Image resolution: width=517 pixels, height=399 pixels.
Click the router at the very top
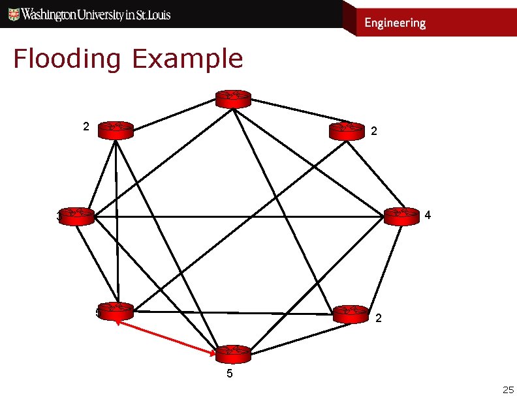(x=233, y=98)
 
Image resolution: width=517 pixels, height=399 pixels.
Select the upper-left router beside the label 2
(x=115, y=130)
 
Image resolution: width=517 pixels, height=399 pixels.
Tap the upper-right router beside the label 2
(x=347, y=131)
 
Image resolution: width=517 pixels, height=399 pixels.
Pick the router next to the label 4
(x=401, y=216)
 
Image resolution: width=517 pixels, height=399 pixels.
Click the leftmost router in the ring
(x=76, y=216)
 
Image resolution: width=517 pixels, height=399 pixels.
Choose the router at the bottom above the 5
(x=233, y=354)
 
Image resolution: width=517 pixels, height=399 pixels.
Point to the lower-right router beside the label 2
(x=351, y=314)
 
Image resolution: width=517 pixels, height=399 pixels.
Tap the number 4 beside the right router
(x=427, y=214)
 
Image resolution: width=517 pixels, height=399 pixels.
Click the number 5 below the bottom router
(x=228, y=374)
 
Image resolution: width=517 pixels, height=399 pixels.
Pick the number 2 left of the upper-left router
(x=86, y=126)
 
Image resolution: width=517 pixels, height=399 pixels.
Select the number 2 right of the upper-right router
(x=373, y=132)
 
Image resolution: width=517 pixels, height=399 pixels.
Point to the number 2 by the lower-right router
(x=379, y=319)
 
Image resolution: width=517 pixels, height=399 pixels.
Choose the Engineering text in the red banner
(x=394, y=23)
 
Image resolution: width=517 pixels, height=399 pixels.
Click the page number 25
(x=507, y=390)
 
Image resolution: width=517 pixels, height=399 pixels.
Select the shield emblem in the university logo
(x=13, y=14)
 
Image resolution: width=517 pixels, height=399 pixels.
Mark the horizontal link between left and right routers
(x=235, y=215)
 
